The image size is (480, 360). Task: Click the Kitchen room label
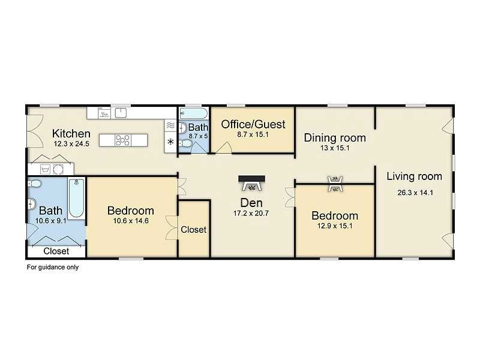click(71, 133)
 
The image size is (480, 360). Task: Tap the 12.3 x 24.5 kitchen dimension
click(71, 144)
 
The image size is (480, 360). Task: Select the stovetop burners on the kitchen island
click(122, 140)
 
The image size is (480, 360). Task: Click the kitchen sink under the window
click(121, 113)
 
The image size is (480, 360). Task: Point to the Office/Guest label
click(253, 124)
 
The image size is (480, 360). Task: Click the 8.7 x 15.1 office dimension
click(253, 134)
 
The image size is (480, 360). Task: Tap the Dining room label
click(335, 138)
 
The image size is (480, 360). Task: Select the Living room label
click(414, 176)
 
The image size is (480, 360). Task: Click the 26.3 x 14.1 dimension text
click(415, 193)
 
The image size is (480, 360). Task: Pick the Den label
click(251, 203)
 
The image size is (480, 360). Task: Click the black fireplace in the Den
click(251, 183)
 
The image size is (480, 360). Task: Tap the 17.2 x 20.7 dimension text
click(251, 214)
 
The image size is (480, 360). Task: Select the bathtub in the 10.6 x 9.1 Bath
click(76, 198)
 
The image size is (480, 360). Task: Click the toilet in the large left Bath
click(35, 184)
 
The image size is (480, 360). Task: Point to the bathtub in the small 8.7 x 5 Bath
click(193, 113)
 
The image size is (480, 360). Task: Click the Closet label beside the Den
click(193, 230)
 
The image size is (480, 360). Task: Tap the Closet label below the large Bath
click(56, 251)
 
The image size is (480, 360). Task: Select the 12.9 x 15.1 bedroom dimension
click(335, 226)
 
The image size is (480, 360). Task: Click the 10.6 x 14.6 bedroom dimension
click(131, 221)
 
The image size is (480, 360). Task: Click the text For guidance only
click(53, 267)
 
